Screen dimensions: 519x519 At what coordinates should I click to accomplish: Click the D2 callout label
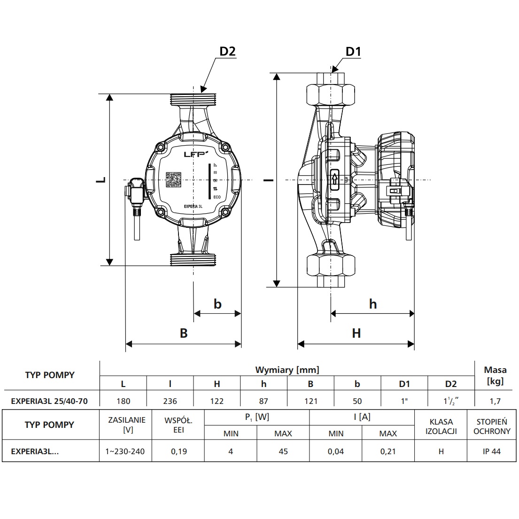pos(228,51)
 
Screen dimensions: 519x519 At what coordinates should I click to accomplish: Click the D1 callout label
pos(353,51)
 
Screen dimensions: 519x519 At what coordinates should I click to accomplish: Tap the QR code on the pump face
pos(173,180)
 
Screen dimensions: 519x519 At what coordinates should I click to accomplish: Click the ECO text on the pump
pos(217,197)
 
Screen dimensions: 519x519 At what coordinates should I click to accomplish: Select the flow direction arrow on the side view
pos(334,180)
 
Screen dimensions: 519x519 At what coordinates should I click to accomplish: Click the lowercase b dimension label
pos(217,304)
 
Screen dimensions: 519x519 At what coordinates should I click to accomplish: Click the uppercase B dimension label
pos(184,333)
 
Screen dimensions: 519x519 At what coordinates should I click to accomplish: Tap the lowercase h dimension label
pos(373,304)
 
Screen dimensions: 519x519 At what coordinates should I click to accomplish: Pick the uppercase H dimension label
pos(356,333)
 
